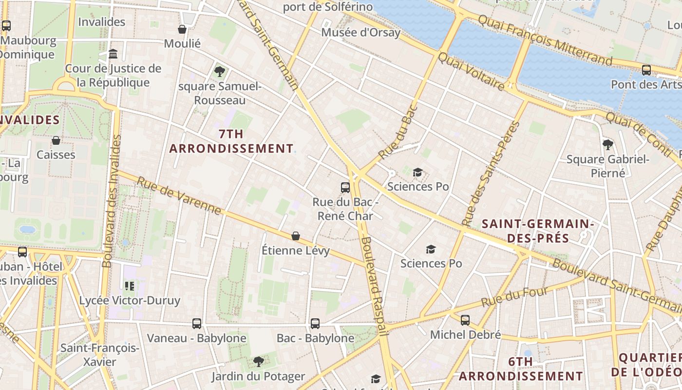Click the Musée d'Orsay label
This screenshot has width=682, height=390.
tap(360, 33)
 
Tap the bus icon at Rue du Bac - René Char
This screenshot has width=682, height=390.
tap(345, 187)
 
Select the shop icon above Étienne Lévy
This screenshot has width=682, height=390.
tap(296, 236)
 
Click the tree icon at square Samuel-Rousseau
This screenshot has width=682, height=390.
tap(220, 72)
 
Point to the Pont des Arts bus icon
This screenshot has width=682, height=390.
tap(646, 70)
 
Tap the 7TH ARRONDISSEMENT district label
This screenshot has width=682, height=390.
tap(231, 141)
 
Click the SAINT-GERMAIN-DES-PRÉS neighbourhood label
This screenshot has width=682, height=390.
tap(538, 231)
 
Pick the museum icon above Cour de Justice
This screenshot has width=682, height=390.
tap(113, 54)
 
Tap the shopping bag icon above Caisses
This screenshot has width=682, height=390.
tap(56, 141)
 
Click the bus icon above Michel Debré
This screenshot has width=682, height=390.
tap(465, 320)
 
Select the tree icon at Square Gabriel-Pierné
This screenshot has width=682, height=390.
tap(607, 144)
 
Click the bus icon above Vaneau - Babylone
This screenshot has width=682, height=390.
tap(196, 323)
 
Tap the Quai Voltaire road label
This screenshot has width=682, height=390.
tap(471, 72)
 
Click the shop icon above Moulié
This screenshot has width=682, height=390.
tap(182, 30)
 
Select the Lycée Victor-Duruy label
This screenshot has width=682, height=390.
tap(130, 300)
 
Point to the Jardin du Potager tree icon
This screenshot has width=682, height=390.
tap(258, 362)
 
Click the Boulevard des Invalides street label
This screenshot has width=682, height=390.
tap(112, 201)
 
